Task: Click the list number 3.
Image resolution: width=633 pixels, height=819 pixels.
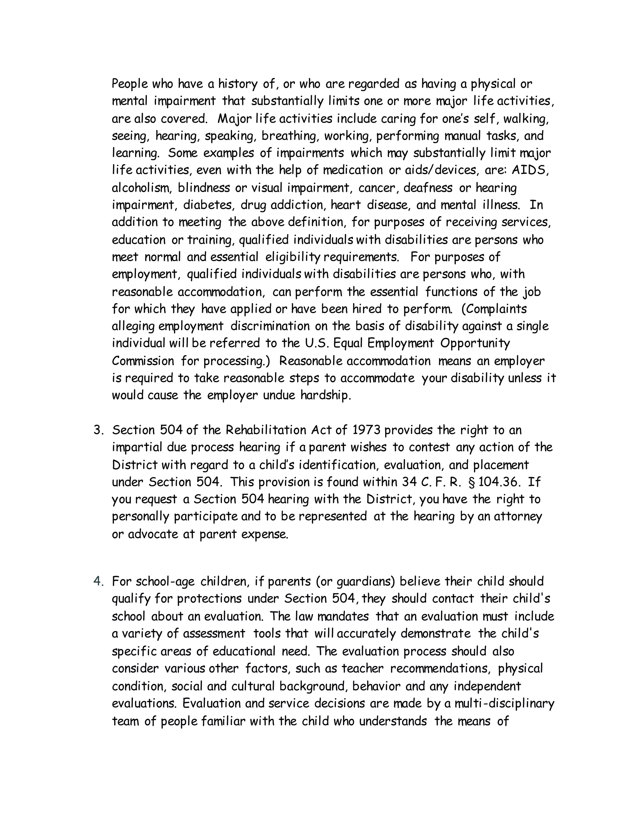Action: click(x=98, y=430)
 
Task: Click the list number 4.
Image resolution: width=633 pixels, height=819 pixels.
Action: click(x=98, y=582)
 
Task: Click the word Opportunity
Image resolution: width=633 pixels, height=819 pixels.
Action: click(x=475, y=343)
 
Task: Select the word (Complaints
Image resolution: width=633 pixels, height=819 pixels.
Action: click(x=494, y=309)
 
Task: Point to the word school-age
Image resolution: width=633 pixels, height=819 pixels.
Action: click(x=165, y=582)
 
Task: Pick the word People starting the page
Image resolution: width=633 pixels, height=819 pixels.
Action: click(x=130, y=84)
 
